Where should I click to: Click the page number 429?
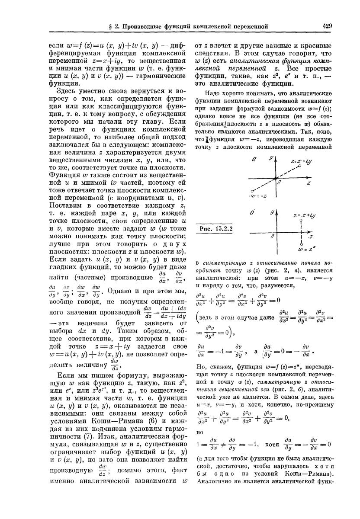(327, 26)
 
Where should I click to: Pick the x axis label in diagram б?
(310, 237)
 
